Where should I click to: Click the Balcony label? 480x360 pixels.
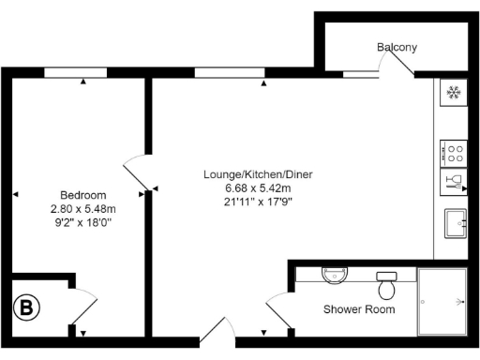click(397, 47)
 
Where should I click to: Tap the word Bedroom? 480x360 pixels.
click(82, 195)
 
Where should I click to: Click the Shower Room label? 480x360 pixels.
click(359, 308)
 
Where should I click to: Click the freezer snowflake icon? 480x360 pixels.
click(454, 93)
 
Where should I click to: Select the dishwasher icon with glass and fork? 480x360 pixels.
click(454, 181)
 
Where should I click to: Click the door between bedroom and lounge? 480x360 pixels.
click(135, 173)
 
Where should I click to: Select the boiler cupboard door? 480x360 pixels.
click(83, 306)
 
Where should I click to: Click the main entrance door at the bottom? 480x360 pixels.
click(217, 334)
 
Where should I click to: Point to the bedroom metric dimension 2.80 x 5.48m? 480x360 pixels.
click(82, 208)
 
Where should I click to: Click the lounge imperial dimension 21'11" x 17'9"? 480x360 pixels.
click(260, 201)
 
